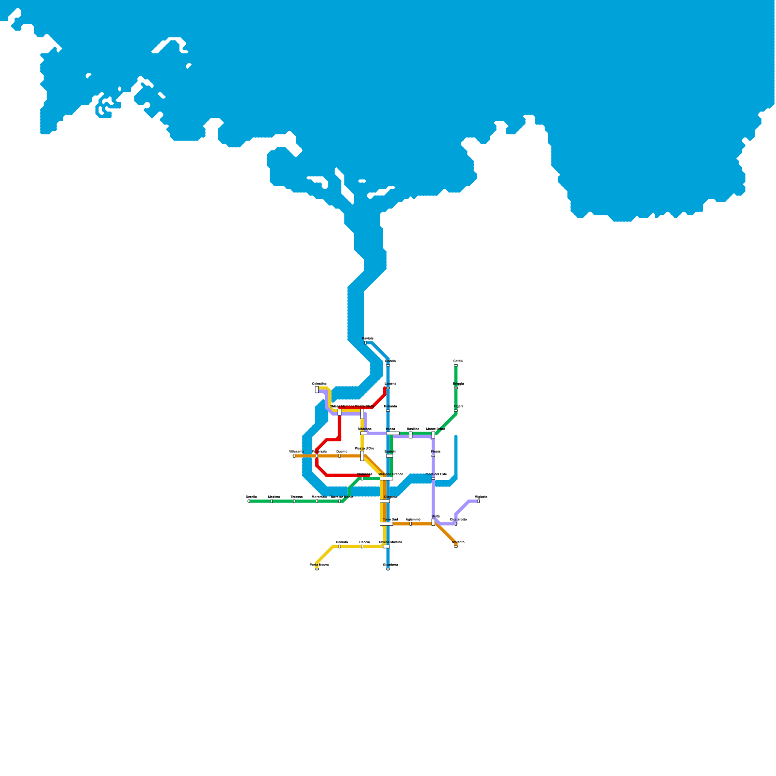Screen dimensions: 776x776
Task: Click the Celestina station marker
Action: pyautogui.click(x=317, y=389)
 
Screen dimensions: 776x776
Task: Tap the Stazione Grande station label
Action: pyautogui.click(x=390, y=474)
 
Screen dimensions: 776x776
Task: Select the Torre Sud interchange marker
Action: pyautogui.click(x=386, y=524)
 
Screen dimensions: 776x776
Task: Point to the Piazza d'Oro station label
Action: pyautogui.click(x=365, y=448)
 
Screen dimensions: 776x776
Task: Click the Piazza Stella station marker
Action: pyautogui.click(x=362, y=414)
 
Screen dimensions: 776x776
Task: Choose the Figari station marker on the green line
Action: pyautogui.click(x=456, y=411)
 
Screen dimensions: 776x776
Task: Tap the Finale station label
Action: pyautogui.click(x=436, y=452)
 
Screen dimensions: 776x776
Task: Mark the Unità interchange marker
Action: pyautogui.click(x=433, y=522)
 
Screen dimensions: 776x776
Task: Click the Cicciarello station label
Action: pyautogui.click(x=458, y=519)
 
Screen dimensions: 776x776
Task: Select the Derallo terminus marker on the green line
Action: pyautogui.click(x=249, y=501)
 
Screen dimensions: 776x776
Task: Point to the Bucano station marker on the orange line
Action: pyautogui.click(x=339, y=456)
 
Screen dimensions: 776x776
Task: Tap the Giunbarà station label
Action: pyautogui.click(x=390, y=565)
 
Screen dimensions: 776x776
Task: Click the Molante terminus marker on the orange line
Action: pyautogui.click(x=456, y=546)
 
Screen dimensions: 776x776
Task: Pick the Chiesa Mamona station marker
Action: pyautogui.click(x=339, y=412)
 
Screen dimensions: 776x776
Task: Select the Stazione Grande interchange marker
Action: pyautogui.click(x=387, y=479)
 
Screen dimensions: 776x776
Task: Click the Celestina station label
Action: pyautogui.click(x=319, y=384)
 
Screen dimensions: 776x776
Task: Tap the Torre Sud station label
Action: pyautogui.click(x=390, y=519)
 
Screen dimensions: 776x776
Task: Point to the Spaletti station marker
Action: pyautogui.click(x=389, y=456)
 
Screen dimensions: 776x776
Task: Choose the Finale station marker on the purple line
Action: pyautogui.click(x=433, y=456)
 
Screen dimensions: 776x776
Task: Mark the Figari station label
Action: pyautogui.click(x=458, y=406)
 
